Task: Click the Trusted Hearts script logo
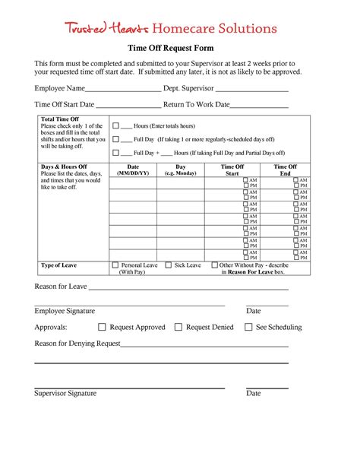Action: (106, 29)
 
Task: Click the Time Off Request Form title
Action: (179, 49)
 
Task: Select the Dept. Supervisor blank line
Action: (253, 90)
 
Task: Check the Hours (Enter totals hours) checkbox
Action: (115, 125)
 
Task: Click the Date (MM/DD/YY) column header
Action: (133, 170)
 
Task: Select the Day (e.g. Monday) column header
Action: (181, 170)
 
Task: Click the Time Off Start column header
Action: (232, 170)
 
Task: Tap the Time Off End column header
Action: (286, 170)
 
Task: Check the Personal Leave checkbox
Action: (115, 265)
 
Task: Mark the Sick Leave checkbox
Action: (169, 265)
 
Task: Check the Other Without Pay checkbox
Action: (214, 265)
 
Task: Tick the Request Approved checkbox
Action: (102, 327)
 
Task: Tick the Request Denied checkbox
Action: (178, 327)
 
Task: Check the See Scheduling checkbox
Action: (248, 327)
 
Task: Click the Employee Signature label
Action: (65, 311)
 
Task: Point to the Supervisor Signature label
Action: (65, 393)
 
